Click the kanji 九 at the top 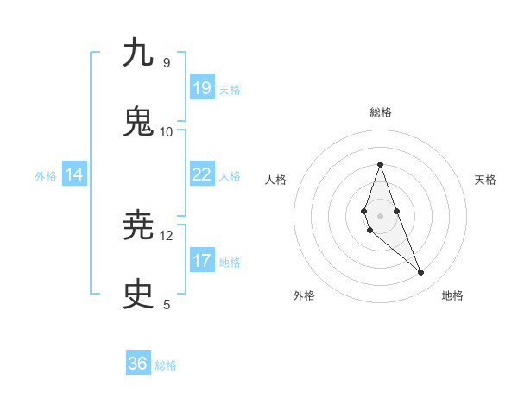click(x=138, y=53)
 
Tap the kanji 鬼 click(x=138, y=122)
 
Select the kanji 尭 click(x=138, y=225)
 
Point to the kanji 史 click(x=138, y=295)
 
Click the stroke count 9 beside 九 click(x=166, y=62)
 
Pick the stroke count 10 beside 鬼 click(x=166, y=131)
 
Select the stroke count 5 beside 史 click(x=166, y=304)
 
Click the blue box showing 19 click(x=202, y=88)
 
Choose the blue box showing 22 click(x=202, y=174)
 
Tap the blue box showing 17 click(x=202, y=261)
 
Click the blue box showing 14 click(x=74, y=174)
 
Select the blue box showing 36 click(x=138, y=364)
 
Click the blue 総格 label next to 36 click(x=166, y=365)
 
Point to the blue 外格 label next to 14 click(x=46, y=176)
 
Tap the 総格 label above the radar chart click(x=380, y=112)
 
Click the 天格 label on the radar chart click(x=485, y=180)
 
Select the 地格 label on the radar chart click(x=452, y=295)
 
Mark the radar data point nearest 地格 click(x=421, y=272)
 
